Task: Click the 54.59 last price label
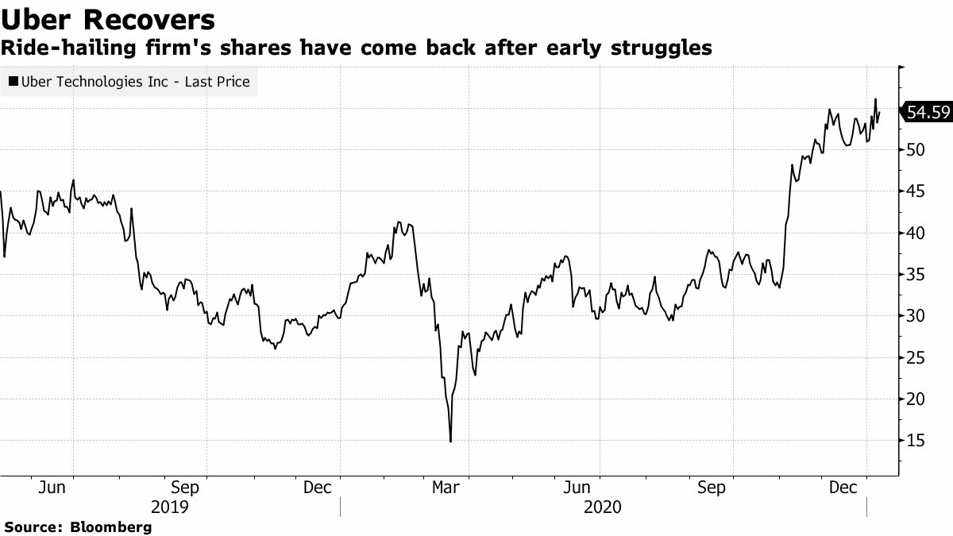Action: click(x=928, y=113)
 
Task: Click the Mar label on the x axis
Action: click(x=446, y=488)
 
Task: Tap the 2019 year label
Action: click(x=170, y=507)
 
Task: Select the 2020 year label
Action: click(x=603, y=507)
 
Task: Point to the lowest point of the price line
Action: click(x=450, y=442)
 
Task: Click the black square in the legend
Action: click(x=14, y=82)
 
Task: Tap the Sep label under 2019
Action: click(x=185, y=488)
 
